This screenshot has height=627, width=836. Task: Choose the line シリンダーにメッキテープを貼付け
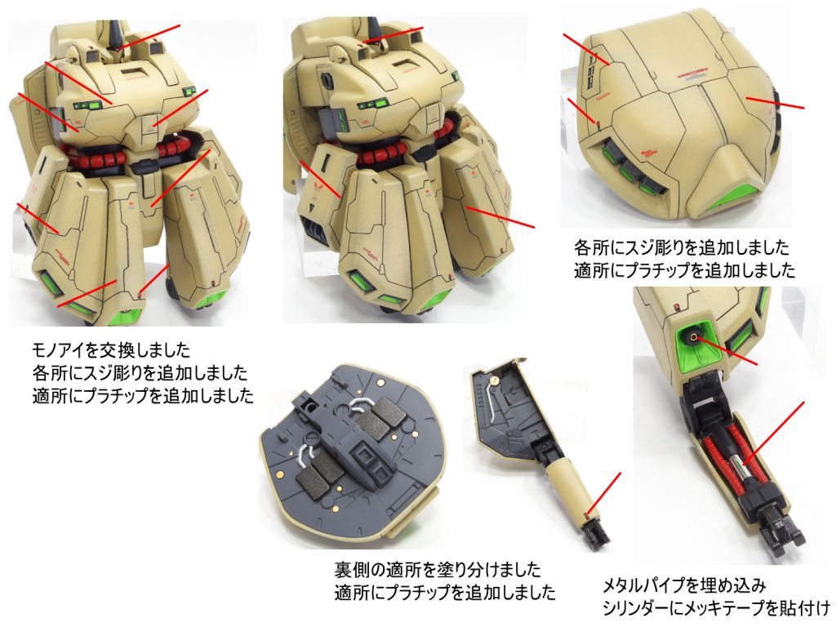click(x=715, y=607)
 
